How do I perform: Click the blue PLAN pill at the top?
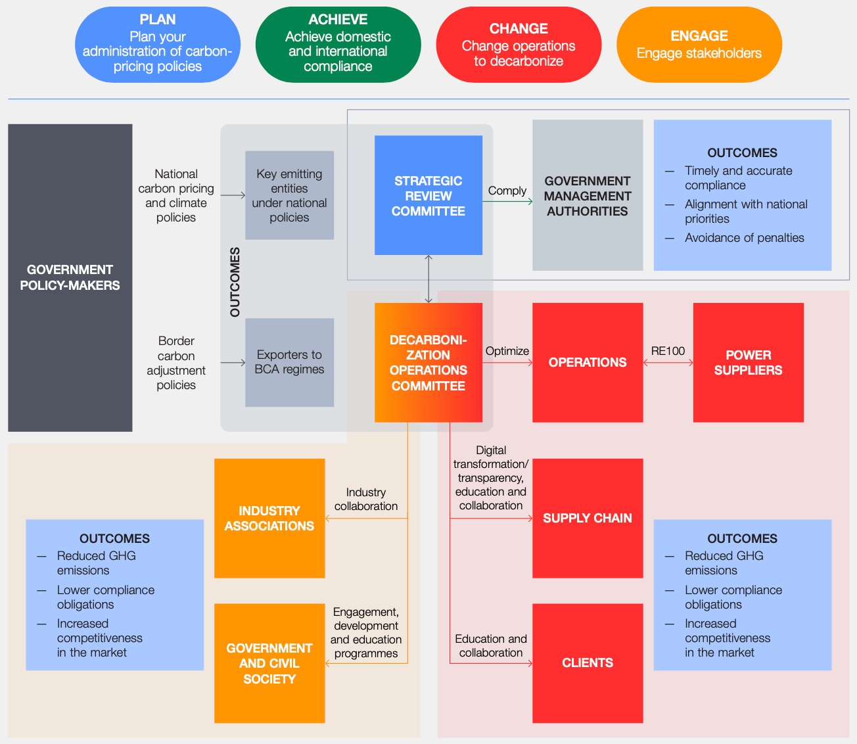(x=157, y=44)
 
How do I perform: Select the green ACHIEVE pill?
(x=338, y=44)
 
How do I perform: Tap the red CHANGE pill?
(x=519, y=44)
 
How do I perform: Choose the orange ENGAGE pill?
(x=699, y=44)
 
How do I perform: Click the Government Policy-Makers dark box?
(x=70, y=277)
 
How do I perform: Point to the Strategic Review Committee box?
(x=428, y=195)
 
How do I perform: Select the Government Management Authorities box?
(x=588, y=195)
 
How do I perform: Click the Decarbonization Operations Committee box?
(x=428, y=362)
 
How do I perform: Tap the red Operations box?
(x=588, y=362)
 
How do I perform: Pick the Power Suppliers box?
(x=748, y=362)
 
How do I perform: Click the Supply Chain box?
(x=588, y=518)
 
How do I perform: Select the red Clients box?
(x=588, y=663)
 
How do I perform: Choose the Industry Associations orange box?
(x=269, y=518)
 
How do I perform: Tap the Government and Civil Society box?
(x=269, y=663)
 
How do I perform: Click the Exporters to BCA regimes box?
(x=289, y=362)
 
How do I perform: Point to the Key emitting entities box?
(x=289, y=195)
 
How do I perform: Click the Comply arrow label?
(x=507, y=191)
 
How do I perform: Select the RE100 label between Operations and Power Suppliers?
(x=668, y=351)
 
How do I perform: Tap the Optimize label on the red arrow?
(x=507, y=351)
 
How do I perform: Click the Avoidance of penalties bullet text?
(x=744, y=238)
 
